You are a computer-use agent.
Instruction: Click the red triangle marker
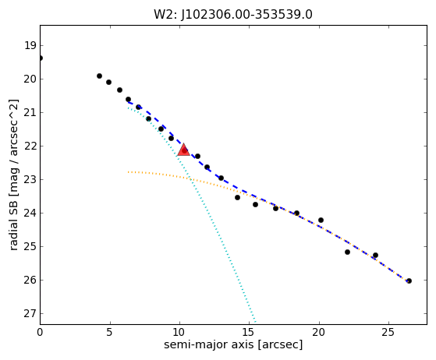point(183,150)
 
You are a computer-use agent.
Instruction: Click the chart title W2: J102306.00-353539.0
point(233,15)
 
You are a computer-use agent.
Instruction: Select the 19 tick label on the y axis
point(30,45)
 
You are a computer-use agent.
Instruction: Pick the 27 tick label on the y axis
point(30,313)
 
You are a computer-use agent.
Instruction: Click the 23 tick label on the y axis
point(30,180)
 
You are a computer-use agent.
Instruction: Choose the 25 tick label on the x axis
point(388,332)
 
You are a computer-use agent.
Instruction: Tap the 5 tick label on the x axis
point(109,332)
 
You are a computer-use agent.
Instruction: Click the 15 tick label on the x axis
point(249,332)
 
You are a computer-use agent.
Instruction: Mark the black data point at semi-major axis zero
point(41,58)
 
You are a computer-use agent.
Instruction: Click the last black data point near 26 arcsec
point(409,281)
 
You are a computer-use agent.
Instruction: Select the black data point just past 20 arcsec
point(321,220)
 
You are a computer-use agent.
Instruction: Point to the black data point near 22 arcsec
point(347,252)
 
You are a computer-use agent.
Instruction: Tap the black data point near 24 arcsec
point(375,255)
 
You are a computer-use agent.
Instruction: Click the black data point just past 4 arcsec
point(99,76)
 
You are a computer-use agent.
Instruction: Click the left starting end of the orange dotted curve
point(128,172)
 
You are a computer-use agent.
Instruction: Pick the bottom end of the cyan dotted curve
point(255,323)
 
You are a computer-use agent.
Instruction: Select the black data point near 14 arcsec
point(237,197)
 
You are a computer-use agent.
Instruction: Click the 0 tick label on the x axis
point(40,332)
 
